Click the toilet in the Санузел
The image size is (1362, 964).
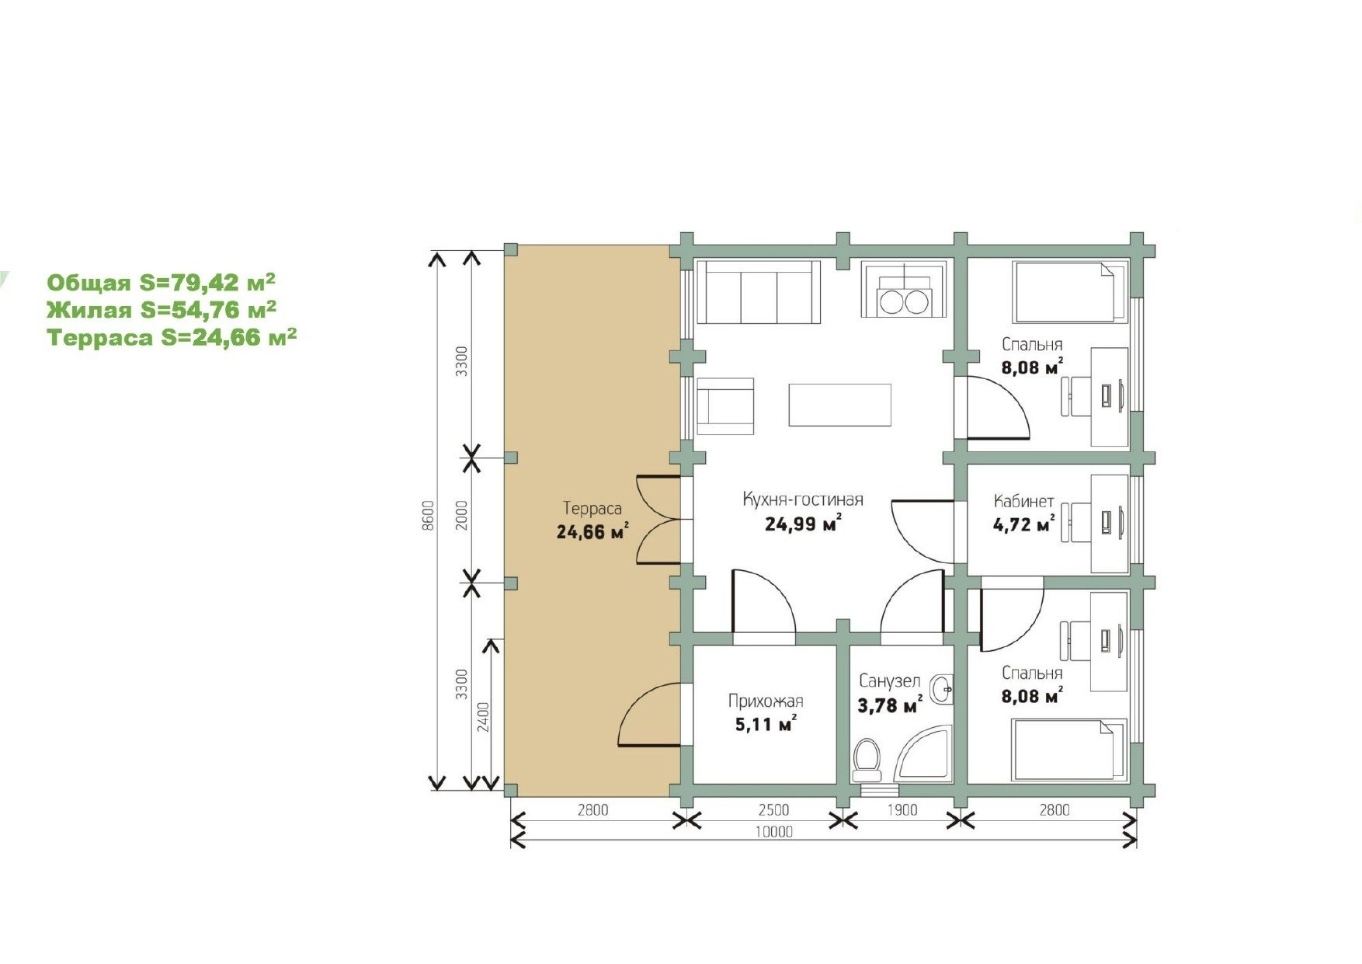tap(867, 760)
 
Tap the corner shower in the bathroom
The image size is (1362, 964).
tap(924, 753)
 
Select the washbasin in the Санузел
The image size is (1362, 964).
tap(942, 687)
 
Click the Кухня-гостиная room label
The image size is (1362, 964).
tap(803, 499)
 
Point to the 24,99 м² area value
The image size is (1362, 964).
tap(803, 524)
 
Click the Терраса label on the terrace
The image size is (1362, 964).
tap(592, 509)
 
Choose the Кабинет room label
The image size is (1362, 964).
tap(1023, 501)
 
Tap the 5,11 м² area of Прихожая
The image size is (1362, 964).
tap(766, 725)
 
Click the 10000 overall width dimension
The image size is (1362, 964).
tap(774, 832)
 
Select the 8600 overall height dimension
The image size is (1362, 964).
tap(427, 516)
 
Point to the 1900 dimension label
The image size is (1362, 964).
tap(902, 810)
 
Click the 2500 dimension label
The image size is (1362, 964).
tap(773, 810)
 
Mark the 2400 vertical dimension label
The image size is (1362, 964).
tap(483, 717)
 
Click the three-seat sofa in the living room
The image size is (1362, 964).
tap(759, 292)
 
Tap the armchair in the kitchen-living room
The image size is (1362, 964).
tap(725, 406)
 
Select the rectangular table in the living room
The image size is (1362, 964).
tap(839, 405)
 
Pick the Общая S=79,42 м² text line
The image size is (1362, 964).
tap(162, 282)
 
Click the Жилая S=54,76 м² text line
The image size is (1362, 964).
tap(162, 310)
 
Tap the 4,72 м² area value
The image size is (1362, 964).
tap(1023, 525)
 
